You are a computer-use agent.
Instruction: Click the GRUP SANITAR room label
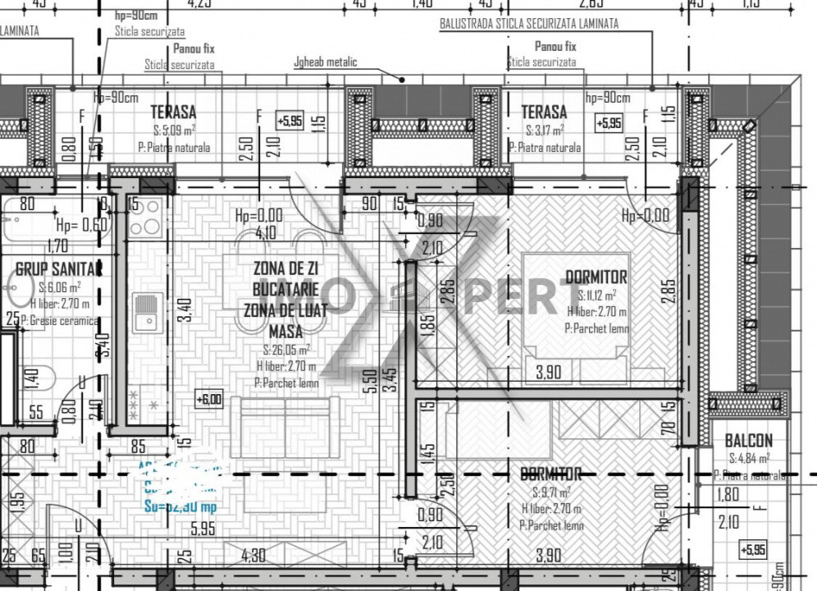point(58,268)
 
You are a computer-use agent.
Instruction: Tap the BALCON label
point(747,441)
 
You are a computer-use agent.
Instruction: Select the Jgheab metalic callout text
point(325,62)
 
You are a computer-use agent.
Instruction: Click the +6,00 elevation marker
point(208,400)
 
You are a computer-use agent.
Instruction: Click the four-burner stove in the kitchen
point(144,217)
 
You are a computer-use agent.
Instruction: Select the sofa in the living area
point(285,426)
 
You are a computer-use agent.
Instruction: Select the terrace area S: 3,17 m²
point(544,131)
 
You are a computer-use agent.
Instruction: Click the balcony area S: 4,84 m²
point(749,459)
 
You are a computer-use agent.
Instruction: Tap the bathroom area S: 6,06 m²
point(59,288)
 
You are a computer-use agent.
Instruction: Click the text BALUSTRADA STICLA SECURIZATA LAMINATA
point(529,24)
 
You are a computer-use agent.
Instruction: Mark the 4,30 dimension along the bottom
point(253,556)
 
